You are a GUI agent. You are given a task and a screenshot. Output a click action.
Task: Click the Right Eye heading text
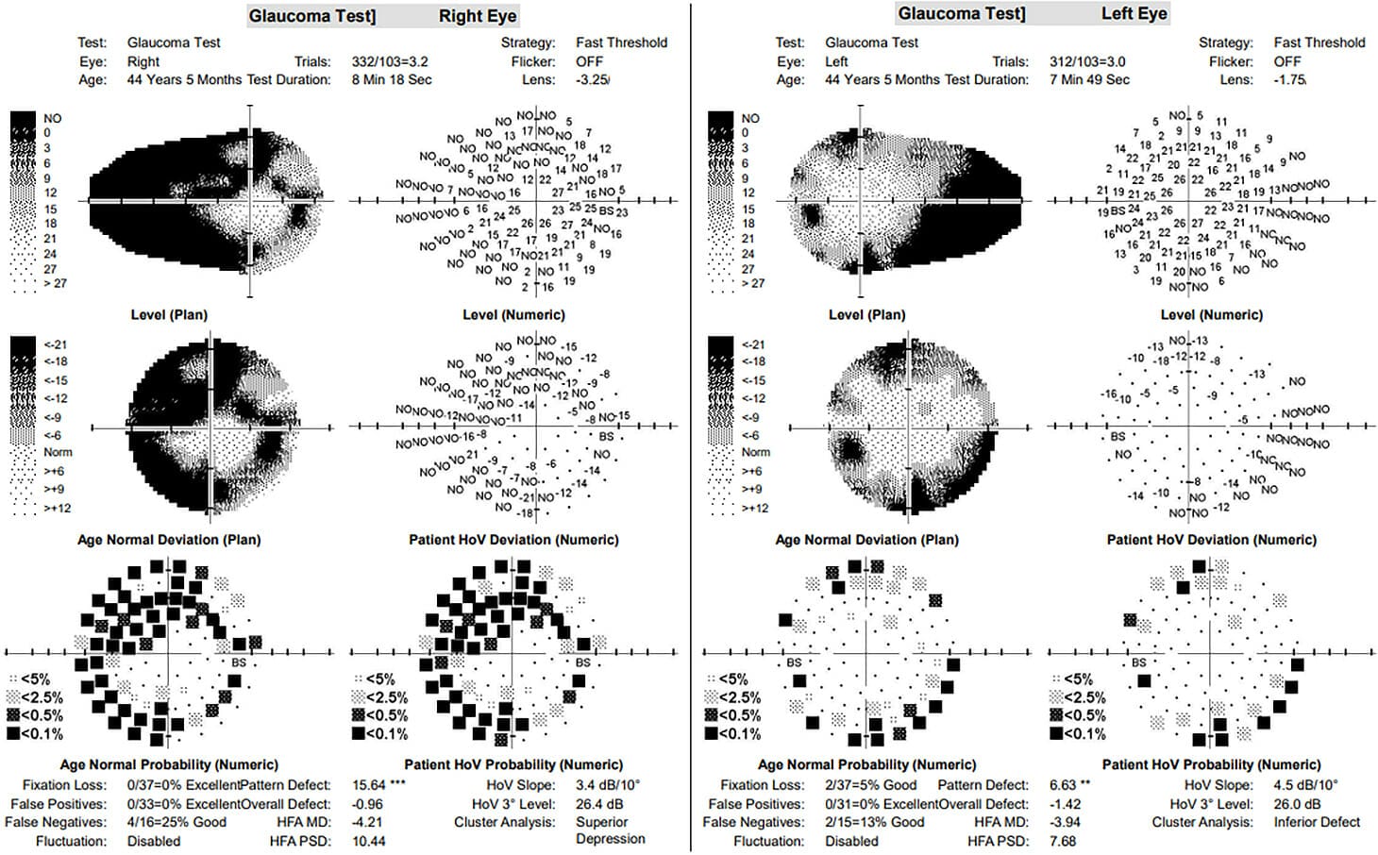(477, 16)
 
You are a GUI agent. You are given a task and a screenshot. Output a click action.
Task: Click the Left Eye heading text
(1134, 13)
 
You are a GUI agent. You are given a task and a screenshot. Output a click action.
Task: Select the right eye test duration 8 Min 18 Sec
(392, 80)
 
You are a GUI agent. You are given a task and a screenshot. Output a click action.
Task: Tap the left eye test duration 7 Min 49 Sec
(1089, 80)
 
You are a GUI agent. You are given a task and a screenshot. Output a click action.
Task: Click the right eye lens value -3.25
(593, 80)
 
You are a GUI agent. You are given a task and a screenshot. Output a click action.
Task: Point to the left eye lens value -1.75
(1290, 80)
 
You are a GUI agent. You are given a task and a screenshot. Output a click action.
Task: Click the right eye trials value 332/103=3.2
(390, 61)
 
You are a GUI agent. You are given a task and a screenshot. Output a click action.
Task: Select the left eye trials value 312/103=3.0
(1087, 61)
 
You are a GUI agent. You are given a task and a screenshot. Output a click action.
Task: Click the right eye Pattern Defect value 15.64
(369, 785)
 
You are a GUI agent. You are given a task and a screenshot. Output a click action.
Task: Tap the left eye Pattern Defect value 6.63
(1063, 785)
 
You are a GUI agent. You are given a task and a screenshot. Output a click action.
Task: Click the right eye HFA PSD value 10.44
(369, 841)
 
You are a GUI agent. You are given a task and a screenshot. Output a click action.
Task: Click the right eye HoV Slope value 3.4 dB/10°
(608, 785)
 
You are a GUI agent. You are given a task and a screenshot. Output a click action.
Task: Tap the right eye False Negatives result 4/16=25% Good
(176, 822)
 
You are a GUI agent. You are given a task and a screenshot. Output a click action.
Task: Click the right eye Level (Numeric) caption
(513, 315)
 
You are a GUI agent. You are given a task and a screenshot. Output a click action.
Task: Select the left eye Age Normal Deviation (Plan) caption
(866, 540)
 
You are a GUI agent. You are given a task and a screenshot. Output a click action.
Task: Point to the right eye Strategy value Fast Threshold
(621, 42)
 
